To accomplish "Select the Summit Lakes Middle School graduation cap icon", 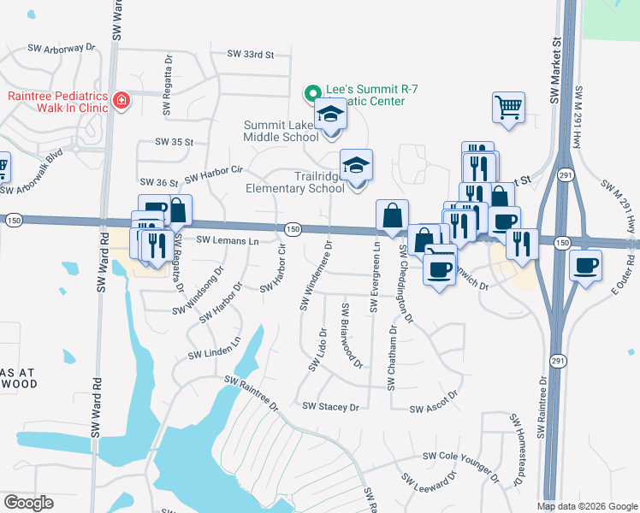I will [329, 115].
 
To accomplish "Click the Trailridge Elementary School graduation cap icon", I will [357, 165].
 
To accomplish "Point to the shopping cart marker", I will [507, 108].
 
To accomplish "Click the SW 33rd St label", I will [250, 54].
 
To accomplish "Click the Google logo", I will [29, 502].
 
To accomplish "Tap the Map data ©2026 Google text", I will [586, 506].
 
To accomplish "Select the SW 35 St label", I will [175, 142].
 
